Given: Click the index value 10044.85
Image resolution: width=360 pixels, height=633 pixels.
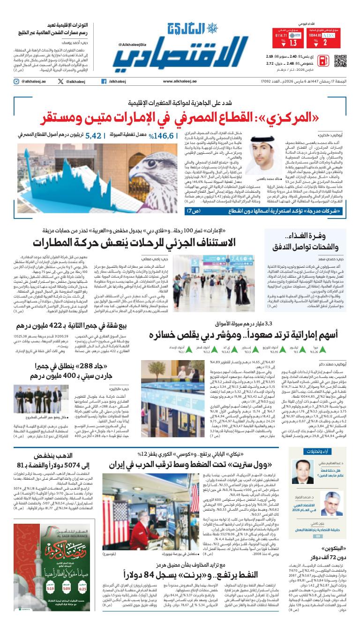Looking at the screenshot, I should point(315,35).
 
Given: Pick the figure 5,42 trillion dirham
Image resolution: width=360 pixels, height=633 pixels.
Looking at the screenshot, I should point(93,136).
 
